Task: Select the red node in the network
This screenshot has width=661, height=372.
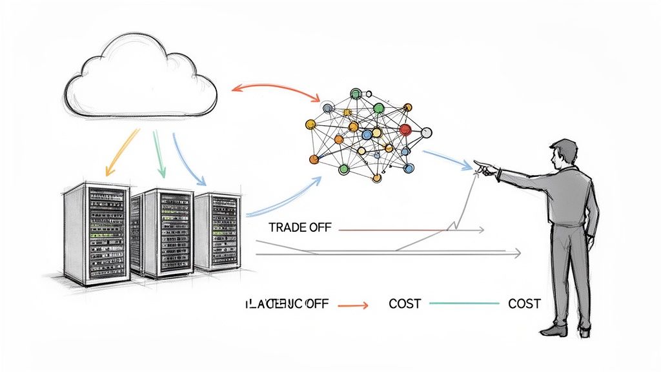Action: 405,129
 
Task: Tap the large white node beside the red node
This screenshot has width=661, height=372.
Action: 426,133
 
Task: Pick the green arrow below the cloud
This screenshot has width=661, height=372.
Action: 159,152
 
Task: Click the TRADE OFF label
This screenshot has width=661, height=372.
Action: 298,228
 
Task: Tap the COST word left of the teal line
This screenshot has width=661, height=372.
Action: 405,303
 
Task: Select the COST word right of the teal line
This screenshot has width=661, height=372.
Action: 524,303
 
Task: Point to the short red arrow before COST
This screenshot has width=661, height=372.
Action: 352,304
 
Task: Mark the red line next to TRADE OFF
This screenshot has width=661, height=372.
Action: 387,229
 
